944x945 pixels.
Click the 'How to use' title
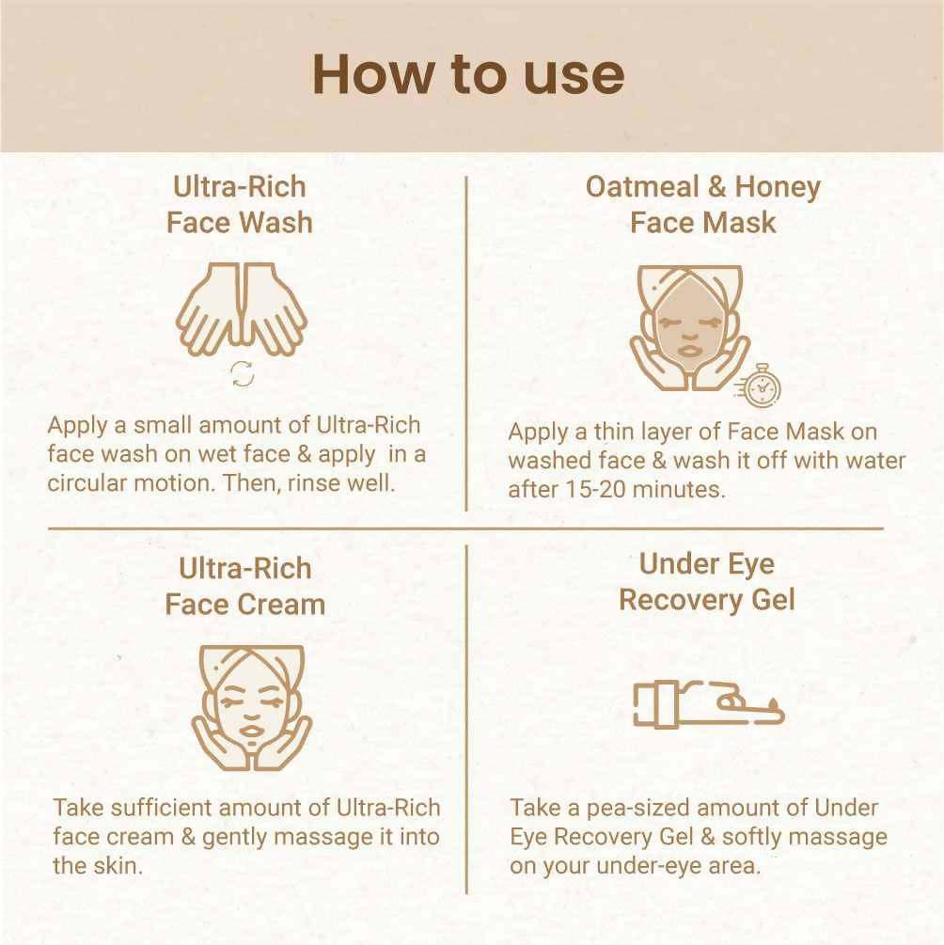[x=468, y=74]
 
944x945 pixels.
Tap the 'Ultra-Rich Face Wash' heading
[x=240, y=204]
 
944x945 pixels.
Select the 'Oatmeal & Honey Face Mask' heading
[x=703, y=205]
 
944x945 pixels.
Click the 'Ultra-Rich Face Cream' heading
[x=244, y=587]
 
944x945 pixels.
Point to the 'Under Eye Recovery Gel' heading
[x=707, y=582]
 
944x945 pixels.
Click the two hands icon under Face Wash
[x=242, y=309]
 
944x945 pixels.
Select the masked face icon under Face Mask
[x=689, y=327]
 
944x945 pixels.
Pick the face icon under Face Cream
[x=251, y=707]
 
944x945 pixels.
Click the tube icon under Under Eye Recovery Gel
[x=708, y=703]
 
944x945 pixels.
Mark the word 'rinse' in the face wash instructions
[x=308, y=483]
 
